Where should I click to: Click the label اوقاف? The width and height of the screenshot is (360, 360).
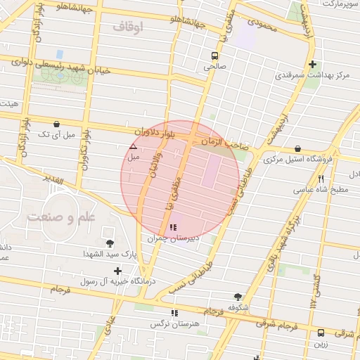click(127, 27)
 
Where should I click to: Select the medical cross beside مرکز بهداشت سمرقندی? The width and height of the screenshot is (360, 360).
click(311, 65)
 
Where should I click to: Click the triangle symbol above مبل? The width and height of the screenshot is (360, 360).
click(134, 147)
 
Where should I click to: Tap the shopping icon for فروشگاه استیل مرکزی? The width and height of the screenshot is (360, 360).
click(298, 148)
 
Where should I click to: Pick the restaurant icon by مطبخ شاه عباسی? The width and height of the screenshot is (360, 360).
click(321, 179)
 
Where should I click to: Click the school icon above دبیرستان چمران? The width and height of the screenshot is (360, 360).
click(173, 228)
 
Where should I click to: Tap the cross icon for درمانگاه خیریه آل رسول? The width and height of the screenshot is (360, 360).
click(117, 271)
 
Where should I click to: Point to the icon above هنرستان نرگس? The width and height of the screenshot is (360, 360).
click(174, 313)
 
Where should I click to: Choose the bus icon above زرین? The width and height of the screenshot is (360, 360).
click(321, 333)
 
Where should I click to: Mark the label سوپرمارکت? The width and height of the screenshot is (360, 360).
click(340, 4)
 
